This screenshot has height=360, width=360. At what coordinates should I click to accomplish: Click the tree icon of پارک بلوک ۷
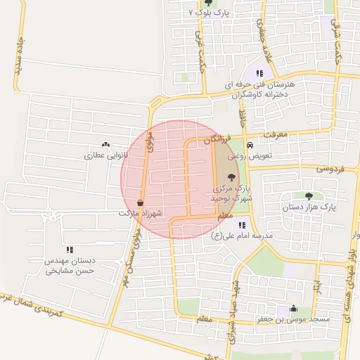pos(207,3)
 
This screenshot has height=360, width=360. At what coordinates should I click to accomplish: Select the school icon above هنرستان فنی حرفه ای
pos(259,73)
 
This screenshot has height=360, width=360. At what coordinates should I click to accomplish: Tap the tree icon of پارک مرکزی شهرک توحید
pos(232,176)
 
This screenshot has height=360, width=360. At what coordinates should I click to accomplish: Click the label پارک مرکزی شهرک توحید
pos(231,193)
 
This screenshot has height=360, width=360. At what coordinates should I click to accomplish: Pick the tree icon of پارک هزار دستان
pos(309,195)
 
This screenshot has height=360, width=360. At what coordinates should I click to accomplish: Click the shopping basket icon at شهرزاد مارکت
pos(141,202)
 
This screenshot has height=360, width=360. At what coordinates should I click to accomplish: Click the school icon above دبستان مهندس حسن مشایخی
pos(70,250)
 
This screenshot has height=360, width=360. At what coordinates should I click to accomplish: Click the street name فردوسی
pos(328,169)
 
